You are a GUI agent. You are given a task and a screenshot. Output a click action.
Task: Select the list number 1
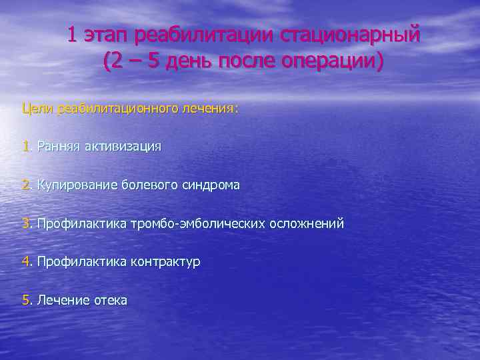pyautogui.click(x=25, y=146)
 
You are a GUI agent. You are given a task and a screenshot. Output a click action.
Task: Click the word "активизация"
pyautogui.click(x=123, y=146)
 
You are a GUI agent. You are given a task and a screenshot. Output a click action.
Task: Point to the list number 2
pyautogui.click(x=25, y=185)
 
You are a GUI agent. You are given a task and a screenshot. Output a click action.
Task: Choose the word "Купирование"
pyautogui.click(x=77, y=185)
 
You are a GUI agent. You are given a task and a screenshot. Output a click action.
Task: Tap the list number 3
pyautogui.click(x=25, y=223)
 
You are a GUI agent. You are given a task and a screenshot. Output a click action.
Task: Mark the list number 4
pyautogui.click(x=25, y=262)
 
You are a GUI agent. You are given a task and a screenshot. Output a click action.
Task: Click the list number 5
pyautogui.click(x=25, y=301)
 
